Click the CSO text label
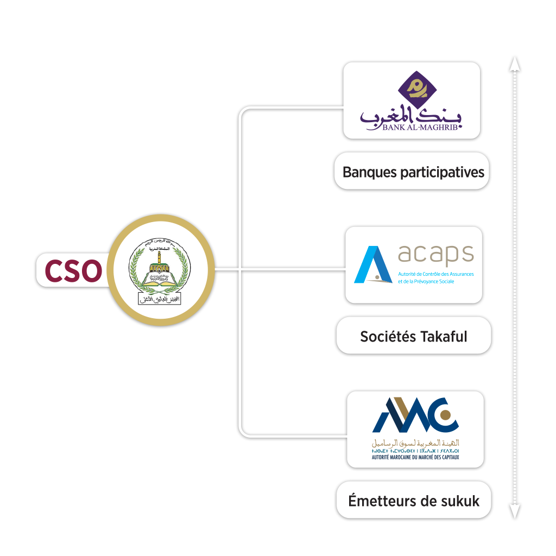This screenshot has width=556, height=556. click(73, 270)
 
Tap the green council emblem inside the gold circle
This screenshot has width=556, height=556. click(161, 270)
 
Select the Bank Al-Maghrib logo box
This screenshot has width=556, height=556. click(413, 100)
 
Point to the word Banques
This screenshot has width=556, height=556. click(370, 172)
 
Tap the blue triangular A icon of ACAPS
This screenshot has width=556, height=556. click(373, 265)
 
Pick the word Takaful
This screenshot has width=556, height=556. click(443, 336)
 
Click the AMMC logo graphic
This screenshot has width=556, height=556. click(415, 415)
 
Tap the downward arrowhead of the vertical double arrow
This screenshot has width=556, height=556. click(514, 511)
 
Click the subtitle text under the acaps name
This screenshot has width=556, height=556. click(435, 277)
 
